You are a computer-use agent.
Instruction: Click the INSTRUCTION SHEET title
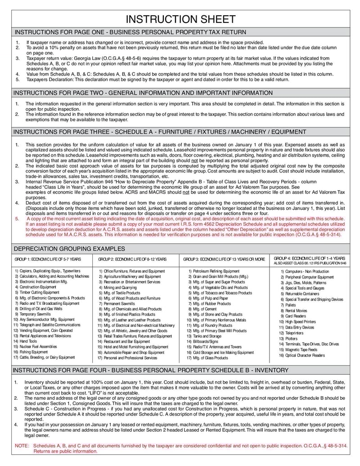point(180,19)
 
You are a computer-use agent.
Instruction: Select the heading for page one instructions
point(130,32)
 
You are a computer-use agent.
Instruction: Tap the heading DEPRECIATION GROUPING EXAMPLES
point(69,249)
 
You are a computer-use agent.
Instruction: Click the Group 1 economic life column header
point(48,259)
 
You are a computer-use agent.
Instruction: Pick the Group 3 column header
point(224,259)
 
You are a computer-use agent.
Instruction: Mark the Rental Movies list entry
point(297,311)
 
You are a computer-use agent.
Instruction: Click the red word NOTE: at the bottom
point(22,445)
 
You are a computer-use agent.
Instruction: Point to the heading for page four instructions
point(151,370)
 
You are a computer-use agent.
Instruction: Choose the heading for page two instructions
point(143,93)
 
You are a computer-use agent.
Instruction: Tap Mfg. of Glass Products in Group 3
point(211,358)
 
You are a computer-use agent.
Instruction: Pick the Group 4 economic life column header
point(310,258)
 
